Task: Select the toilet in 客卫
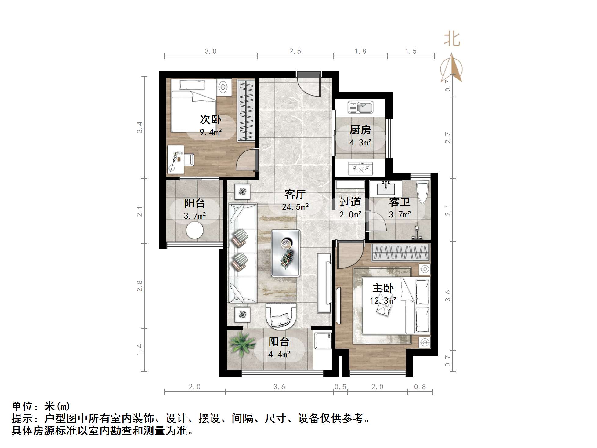(423, 192)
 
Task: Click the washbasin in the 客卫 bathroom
(386, 188)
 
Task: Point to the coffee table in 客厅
(286, 253)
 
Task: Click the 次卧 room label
(211, 119)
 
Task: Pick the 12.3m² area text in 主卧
(383, 301)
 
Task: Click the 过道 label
(350, 202)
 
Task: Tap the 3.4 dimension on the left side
(139, 127)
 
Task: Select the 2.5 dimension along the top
(295, 51)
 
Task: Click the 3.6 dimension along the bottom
(279, 387)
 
